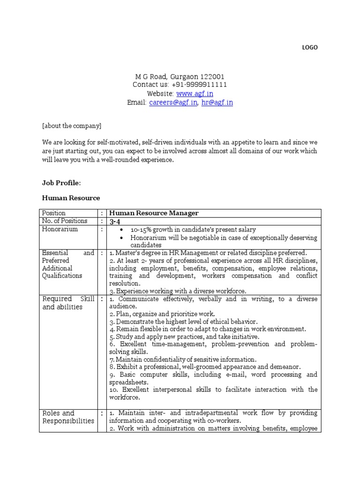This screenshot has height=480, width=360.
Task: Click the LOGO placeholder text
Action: click(310, 47)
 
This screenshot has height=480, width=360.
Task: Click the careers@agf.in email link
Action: click(173, 103)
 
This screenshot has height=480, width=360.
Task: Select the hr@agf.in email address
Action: click(217, 103)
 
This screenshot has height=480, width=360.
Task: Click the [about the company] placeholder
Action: click(71, 126)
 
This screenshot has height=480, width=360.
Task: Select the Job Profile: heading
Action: click(61, 182)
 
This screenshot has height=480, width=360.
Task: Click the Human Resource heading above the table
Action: click(71, 198)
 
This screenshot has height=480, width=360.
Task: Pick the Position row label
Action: click(54, 213)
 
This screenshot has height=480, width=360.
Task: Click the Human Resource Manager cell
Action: click(154, 213)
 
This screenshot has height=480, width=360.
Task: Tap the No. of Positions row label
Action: click(65, 221)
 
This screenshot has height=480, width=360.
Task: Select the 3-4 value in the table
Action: click(115, 221)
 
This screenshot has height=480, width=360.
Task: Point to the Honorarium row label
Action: click(60, 229)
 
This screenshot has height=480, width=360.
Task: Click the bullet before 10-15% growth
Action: click(121, 230)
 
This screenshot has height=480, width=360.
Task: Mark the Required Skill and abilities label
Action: click(68, 303)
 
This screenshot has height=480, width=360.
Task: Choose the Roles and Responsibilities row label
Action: click(68, 417)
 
